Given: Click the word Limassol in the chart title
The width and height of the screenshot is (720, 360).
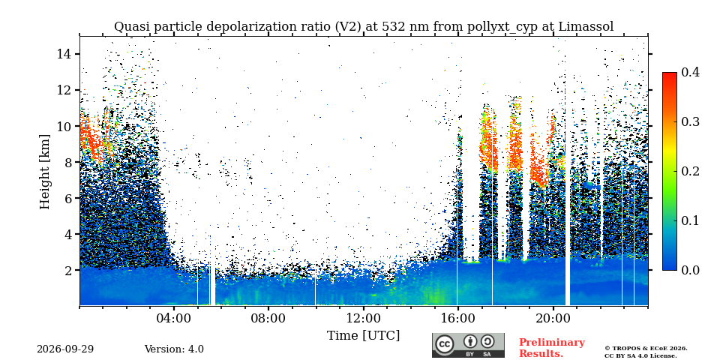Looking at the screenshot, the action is (x=586, y=27).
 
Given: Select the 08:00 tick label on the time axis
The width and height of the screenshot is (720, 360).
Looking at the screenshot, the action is (x=268, y=319).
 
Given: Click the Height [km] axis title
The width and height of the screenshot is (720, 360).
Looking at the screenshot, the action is (x=44, y=172).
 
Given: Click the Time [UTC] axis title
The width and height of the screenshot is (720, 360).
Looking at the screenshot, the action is (x=363, y=336).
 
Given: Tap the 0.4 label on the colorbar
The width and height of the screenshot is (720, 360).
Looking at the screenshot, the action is (x=690, y=72).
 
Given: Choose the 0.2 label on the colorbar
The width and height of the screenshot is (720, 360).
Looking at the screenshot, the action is (x=690, y=171).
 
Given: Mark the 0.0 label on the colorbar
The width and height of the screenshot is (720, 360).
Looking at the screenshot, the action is (x=690, y=270).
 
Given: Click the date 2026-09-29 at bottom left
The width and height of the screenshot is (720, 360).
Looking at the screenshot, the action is (x=65, y=349).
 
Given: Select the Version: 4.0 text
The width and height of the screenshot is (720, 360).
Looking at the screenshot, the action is (x=174, y=349).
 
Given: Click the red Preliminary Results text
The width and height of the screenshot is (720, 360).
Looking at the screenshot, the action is (x=552, y=347).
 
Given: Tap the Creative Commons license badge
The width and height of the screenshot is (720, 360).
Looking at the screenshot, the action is (x=468, y=345).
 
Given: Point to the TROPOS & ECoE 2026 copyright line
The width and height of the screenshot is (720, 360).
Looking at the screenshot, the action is (x=646, y=349).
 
